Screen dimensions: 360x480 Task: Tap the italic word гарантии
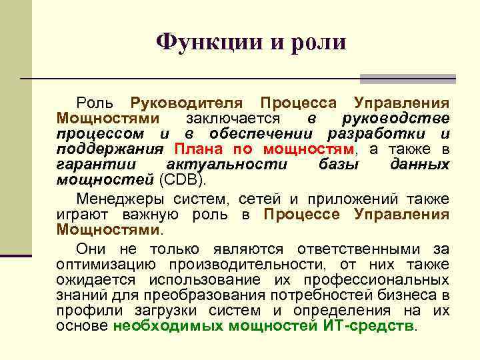coord(96,164)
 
